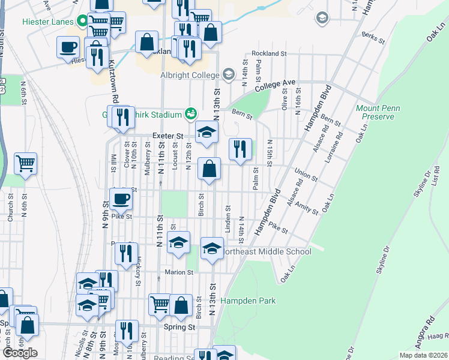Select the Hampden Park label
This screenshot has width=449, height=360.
click(248, 301)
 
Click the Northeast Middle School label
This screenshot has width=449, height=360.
click(268, 251)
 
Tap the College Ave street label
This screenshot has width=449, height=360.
click(276, 85)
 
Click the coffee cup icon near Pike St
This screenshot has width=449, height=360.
click(121, 199)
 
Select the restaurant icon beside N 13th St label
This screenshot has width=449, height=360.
click(240, 149)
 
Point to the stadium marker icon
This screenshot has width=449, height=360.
click(191, 113)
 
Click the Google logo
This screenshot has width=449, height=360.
click(19, 353)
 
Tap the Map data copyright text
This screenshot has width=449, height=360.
click(423, 355)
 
